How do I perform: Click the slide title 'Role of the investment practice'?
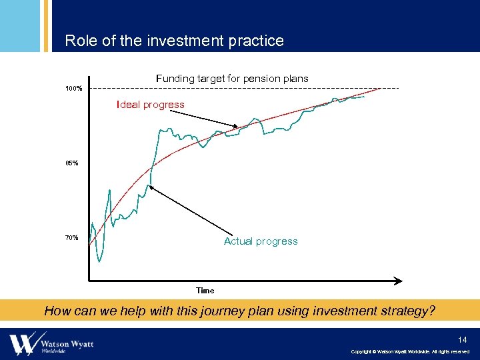click(x=174, y=41)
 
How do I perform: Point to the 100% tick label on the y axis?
click(x=74, y=89)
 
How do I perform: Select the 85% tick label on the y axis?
click(x=71, y=163)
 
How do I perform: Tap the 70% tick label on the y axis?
click(x=71, y=238)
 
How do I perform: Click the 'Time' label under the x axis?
click(x=205, y=291)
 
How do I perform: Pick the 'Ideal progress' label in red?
click(x=151, y=105)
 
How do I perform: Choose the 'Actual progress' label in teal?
click(x=261, y=241)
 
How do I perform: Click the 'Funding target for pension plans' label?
click(x=232, y=79)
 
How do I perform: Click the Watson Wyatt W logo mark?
click(x=23, y=343)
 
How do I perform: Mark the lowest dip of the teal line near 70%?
click(x=99, y=261)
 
